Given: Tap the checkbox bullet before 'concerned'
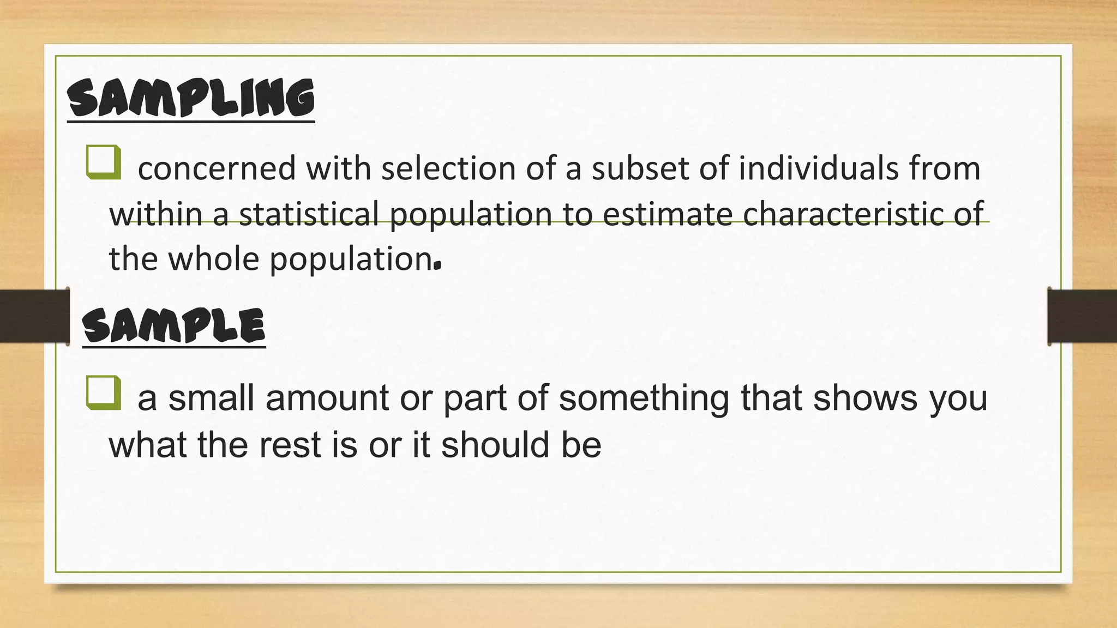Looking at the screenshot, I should [x=103, y=162].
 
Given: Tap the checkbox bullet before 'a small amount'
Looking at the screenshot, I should [x=103, y=392].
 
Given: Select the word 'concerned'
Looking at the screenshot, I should [x=217, y=168].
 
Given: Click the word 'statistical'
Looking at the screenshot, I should [x=309, y=213].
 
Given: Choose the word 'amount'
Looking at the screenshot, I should [x=327, y=398].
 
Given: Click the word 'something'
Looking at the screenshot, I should [x=644, y=398].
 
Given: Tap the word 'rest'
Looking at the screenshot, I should [x=289, y=444].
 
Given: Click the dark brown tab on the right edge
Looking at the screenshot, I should [x=1082, y=316].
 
